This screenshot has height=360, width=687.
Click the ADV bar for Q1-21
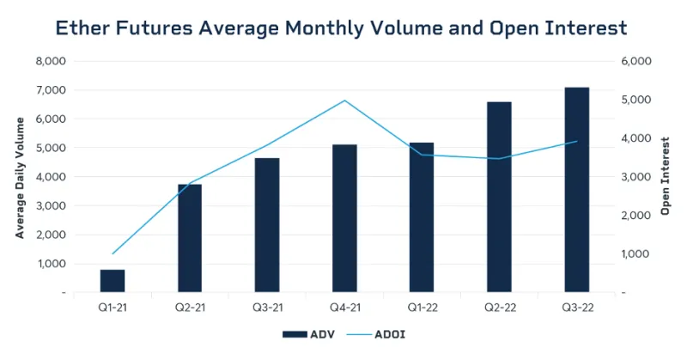pos(112,281)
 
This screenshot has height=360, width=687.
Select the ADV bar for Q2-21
pos(190,239)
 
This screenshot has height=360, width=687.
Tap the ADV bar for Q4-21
pos(344,219)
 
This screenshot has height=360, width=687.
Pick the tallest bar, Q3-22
pos(576,190)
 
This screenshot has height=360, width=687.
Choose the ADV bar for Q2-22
pos(499,198)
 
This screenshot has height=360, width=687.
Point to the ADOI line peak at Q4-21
pos(344,101)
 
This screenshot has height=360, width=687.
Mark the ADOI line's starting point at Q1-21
pos(112,253)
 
